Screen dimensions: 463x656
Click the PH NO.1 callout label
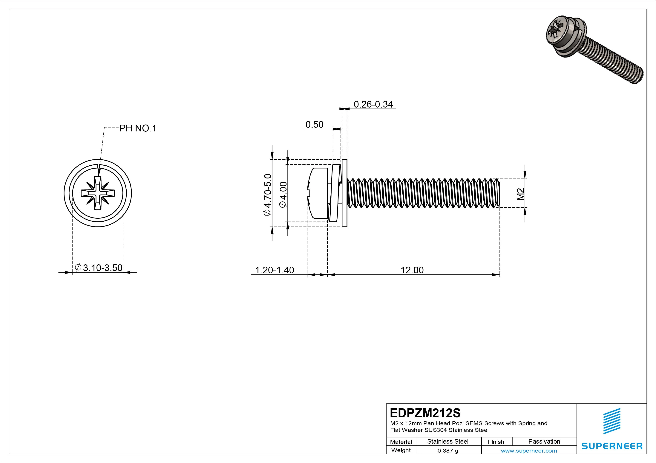(138, 129)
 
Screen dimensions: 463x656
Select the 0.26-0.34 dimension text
(373, 104)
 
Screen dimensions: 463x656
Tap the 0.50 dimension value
(314, 125)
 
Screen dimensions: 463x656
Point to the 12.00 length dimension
(412, 270)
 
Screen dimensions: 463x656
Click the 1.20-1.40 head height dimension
(274, 270)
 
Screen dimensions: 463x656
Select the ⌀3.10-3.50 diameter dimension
(99, 268)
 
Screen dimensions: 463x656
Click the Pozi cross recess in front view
(98, 193)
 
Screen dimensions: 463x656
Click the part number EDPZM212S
(425, 413)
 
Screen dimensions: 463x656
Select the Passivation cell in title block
(544, 441)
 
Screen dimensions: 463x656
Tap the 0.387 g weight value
(448, 451)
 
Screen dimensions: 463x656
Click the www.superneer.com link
(529, 451)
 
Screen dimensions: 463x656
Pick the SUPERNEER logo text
(611, 446)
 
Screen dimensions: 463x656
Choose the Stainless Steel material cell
(448, 441)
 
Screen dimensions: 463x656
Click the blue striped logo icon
(611, 421)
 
